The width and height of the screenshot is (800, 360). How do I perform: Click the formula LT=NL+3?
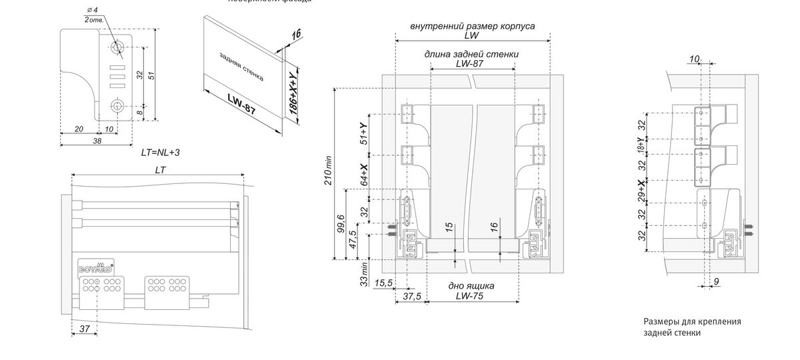tap(160, 153)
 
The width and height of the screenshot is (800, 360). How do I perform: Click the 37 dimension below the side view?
tap(84, 329)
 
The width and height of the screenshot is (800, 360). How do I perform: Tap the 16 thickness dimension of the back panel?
tap(296, 34)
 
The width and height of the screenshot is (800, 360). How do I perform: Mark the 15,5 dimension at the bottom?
tap(383, 284)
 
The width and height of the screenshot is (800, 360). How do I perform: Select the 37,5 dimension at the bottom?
tap(412, 297)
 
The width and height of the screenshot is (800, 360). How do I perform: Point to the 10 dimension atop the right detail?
tap(694, 59)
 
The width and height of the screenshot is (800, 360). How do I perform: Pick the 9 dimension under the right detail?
tap(716, 282)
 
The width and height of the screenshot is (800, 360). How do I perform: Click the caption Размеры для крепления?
tap(692, 321)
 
